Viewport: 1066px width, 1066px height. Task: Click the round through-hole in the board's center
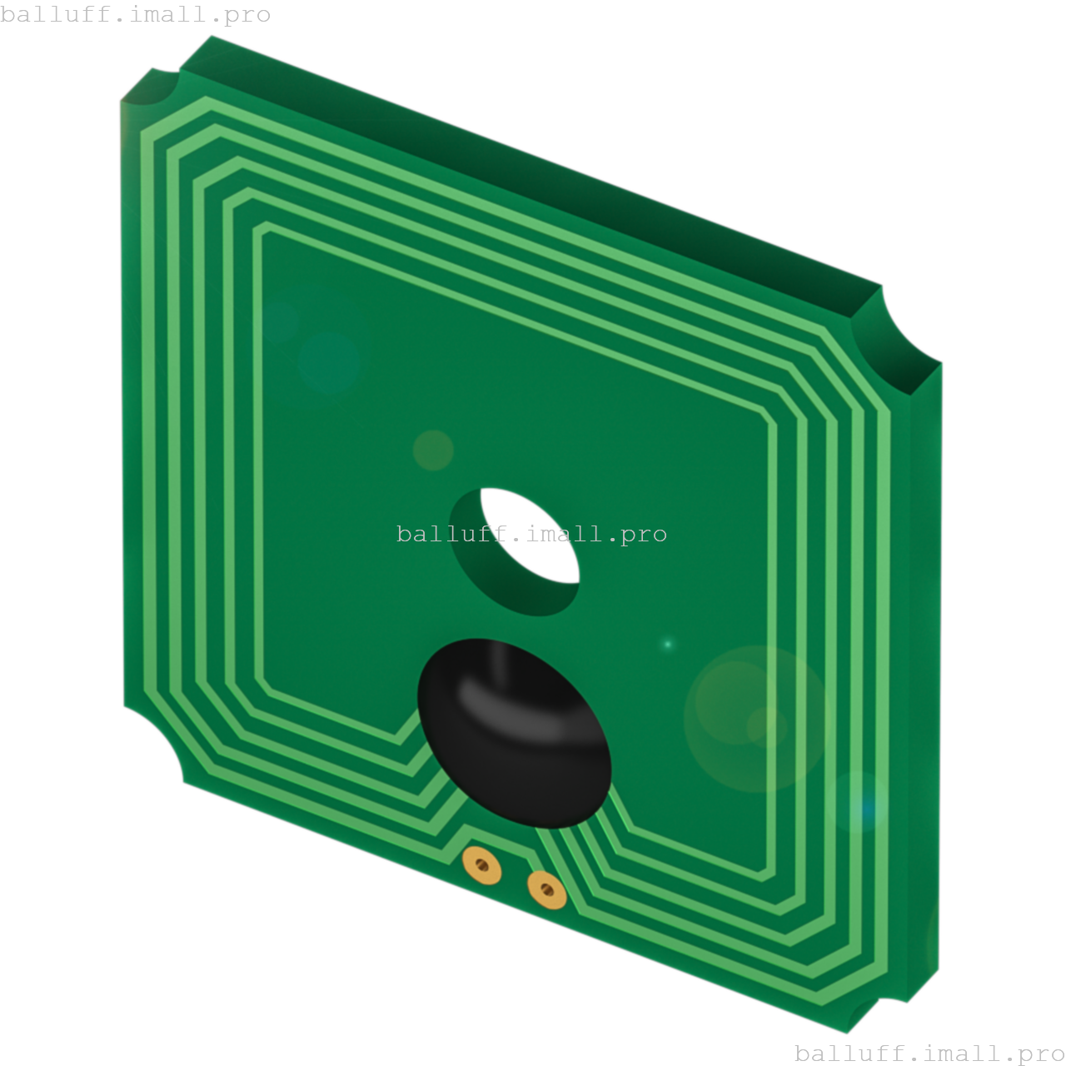(515, 551)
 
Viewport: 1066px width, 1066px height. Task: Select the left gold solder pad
(481, 865)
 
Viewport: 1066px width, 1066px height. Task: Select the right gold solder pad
(546, 890)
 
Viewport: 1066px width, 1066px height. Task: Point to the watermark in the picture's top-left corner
(135, 15)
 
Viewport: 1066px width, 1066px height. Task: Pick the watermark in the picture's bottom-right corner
(929, 1054)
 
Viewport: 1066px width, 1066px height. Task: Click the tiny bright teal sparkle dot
(667, 644)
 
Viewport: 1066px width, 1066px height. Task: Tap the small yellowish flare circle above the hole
(433, 450)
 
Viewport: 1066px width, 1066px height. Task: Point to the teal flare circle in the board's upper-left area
(328, 361)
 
